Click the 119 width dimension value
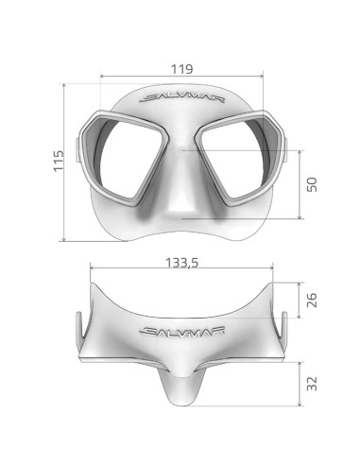tap(183, 68)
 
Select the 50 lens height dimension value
tap(311, 183)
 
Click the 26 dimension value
tap(310, 300)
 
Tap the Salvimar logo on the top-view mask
tap(179, 331)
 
